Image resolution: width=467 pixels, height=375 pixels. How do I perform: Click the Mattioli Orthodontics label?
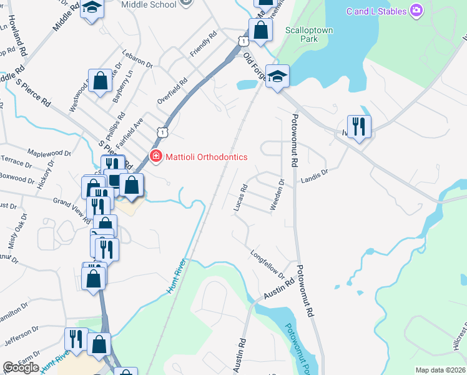pos(205,157)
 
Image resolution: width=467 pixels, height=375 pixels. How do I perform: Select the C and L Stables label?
pos(376,11)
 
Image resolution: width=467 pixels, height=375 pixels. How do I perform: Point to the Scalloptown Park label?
pos(302,34)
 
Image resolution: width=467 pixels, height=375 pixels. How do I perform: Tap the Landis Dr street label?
pos(314,177)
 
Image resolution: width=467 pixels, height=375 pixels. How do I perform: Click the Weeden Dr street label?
pos(278,196)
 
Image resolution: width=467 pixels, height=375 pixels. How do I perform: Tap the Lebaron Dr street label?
pos(137,59)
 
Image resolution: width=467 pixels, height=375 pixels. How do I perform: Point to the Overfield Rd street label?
pos(172,91)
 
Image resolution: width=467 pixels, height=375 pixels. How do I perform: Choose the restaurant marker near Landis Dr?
pos(359,126)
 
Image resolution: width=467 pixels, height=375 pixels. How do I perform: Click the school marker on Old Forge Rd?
pos(277,76)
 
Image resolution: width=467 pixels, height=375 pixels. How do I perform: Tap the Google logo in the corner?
pos(21,367)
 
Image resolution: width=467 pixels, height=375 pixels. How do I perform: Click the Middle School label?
pos(149,4)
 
